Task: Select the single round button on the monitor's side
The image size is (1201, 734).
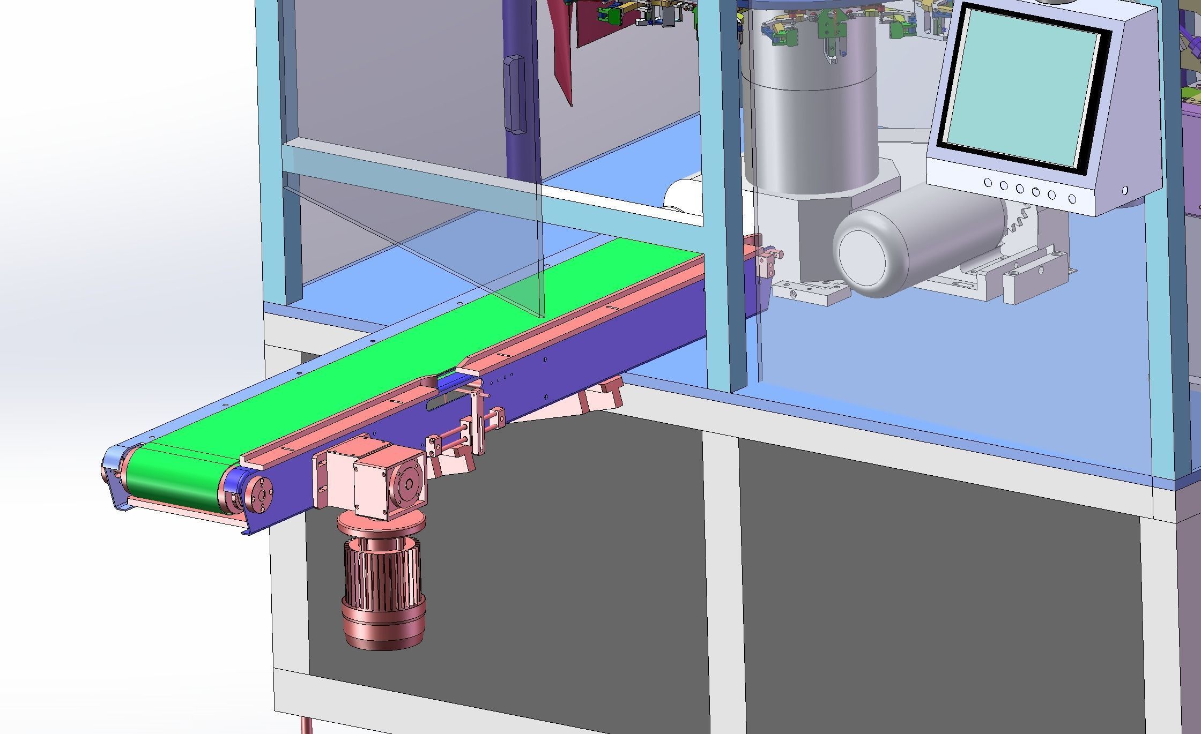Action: [1124, 190]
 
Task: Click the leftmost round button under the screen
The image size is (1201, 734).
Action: [988, 183]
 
